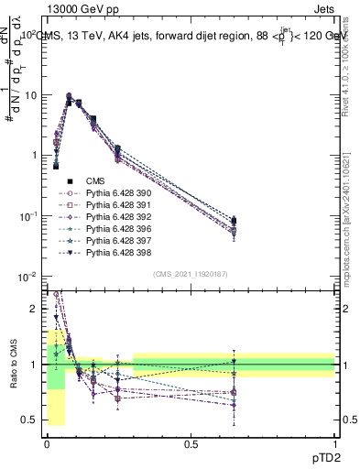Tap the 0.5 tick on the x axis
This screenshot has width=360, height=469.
[191, 443]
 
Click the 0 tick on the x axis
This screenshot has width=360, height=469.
[47, 443]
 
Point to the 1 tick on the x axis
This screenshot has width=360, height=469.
[334, 443]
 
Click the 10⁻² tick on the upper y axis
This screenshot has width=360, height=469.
[28, 277]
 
